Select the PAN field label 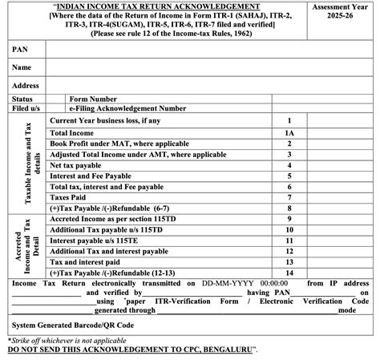point(21,49)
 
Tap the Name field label point(22,67)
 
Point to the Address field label point(26,85)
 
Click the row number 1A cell point(289,131)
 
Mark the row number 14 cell point(289,272)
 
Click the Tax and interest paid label point(86,261)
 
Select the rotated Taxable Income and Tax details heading point(30,163)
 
